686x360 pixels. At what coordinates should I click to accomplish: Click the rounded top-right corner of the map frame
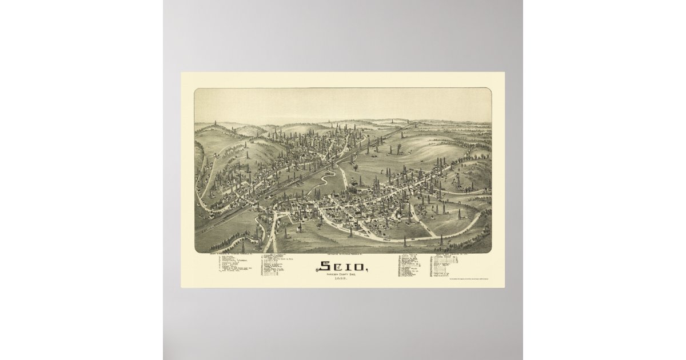point(489,90)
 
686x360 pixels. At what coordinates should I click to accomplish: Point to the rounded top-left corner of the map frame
point(197,90)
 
